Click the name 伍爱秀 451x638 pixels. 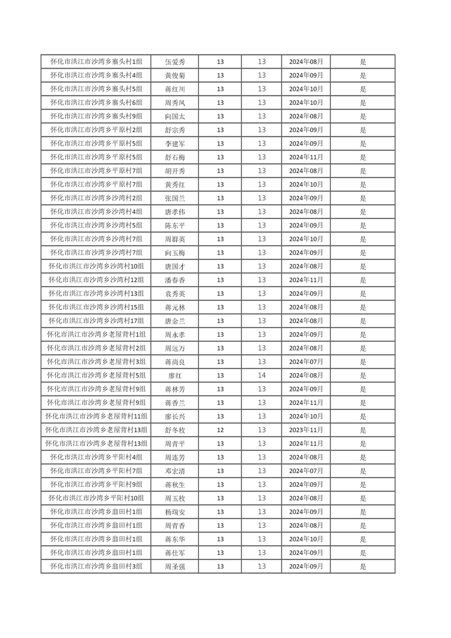click(175, 61)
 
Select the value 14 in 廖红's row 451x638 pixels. click(262, 375)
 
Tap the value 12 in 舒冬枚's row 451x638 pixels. click(220, 430)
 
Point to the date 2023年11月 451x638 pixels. click(306, 430)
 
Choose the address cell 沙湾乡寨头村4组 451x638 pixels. click(96, 75)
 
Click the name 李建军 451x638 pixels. click(175, 143)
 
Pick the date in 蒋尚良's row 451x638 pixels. click(306, 362)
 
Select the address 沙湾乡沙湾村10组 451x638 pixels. click(96, 266)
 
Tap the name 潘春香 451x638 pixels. click(175, 280)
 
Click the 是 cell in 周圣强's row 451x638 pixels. click(363, 566)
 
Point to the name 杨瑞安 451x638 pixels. click(175, 512)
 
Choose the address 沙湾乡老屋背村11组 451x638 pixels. click(96, 416)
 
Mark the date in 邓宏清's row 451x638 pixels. click(306, 471)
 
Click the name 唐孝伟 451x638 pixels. click(175, 212)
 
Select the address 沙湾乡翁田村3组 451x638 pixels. click(96, 566)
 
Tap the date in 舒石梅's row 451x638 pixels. click(306, 157)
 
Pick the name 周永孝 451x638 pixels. click(175, 334)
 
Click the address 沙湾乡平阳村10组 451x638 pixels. click(96, 498)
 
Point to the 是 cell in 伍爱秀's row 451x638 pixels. click(363, 61)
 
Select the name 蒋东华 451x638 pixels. click(175, 539)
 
